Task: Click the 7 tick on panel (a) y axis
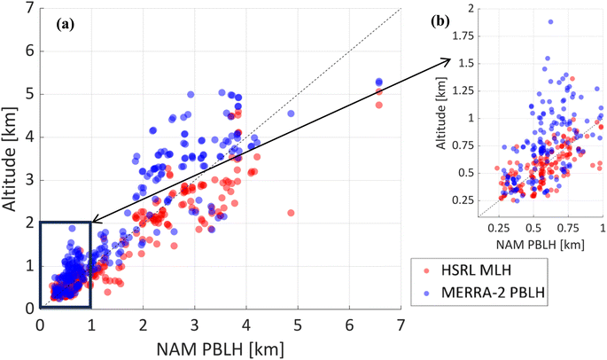[x=31, y=9]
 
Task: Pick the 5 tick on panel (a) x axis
[x=299, y=323]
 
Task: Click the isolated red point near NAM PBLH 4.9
[x=291, y=213]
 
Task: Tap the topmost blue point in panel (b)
[x=550, y=21]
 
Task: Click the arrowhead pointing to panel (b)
[x=449, y=59]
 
